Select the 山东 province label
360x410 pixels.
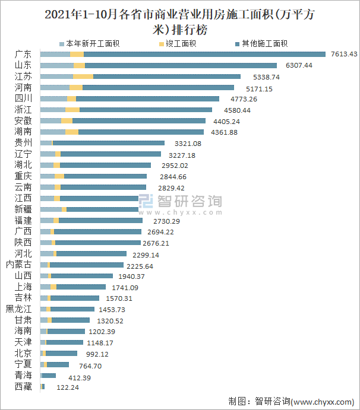click(23, 65)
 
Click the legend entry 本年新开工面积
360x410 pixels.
click(89, 43)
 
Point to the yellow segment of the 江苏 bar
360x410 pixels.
click(83, 77)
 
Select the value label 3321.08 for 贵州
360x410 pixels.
click(188, 144)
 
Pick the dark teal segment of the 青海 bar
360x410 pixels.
click(49, 376)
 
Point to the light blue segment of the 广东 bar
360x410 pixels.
click(55, 54)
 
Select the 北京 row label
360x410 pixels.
click(23, 354)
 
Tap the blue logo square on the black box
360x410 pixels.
click(147, 204)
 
